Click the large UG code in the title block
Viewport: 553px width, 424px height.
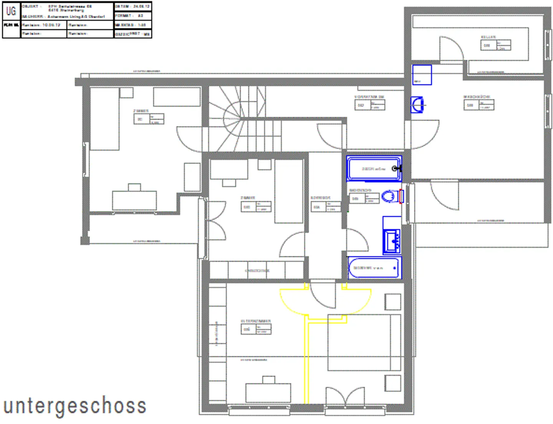click(x=11, y=11)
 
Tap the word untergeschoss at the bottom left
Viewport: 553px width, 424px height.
click(x=75, y=406)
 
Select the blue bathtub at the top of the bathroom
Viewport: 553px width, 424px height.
click(x=374, y=169)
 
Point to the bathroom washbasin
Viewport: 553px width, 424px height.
click(x=392, y=241)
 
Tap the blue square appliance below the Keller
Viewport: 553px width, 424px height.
click(x=422, y=75)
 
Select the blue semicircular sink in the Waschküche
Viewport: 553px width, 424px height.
click(x=417, y=105)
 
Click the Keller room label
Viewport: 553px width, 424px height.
click(x=488, y=37)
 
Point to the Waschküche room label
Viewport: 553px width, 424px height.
click(x=477, y=97)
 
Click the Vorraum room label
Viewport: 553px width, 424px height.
click(x=369, y=97)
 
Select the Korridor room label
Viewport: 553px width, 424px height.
click(x=320, y=198)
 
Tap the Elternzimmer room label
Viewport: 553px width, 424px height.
click(x=256, y=321)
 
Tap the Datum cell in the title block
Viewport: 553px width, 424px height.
click(x=132, y=7)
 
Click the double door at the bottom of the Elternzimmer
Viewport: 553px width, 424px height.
click(x=345, y=396)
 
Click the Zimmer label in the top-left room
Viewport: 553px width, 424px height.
click(x=141, y=111)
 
